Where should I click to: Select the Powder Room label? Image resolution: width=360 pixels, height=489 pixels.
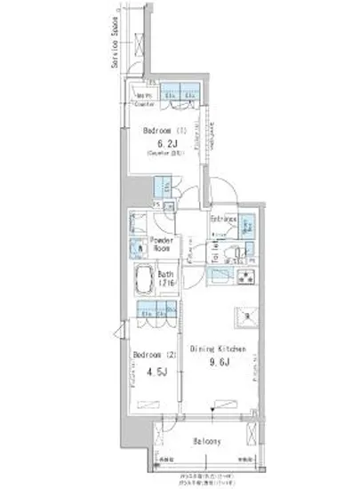point(162,244)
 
